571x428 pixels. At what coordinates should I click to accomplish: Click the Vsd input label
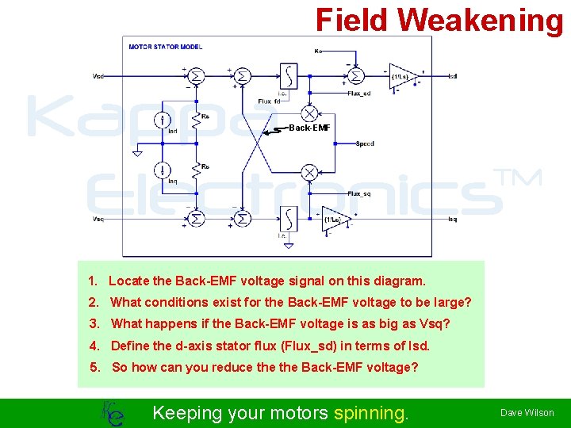[98, 76]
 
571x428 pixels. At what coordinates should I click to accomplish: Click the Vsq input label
[98, 219]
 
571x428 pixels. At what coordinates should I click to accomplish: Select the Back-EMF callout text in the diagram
[309, 127]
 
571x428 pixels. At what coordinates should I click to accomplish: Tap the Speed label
[365, 143]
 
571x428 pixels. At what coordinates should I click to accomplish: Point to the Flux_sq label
[359, 194]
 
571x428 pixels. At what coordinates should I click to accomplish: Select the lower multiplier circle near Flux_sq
[309, 173]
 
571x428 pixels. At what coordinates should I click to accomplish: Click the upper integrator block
[288, 77]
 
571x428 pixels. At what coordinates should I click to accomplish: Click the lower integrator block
[287, 218]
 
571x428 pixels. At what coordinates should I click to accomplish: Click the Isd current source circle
[162, 120]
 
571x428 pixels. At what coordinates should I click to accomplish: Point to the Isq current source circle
[162, 170]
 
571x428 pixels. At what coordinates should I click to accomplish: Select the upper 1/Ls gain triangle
[402, 76]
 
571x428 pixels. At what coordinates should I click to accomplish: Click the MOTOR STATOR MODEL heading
[166, 47]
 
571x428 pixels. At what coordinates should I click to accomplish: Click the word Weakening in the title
[481, 21]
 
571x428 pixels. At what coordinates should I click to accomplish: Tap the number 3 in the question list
[94, 323]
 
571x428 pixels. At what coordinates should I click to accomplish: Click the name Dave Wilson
[527, 413]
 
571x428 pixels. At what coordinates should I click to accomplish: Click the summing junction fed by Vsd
[196, 76]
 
